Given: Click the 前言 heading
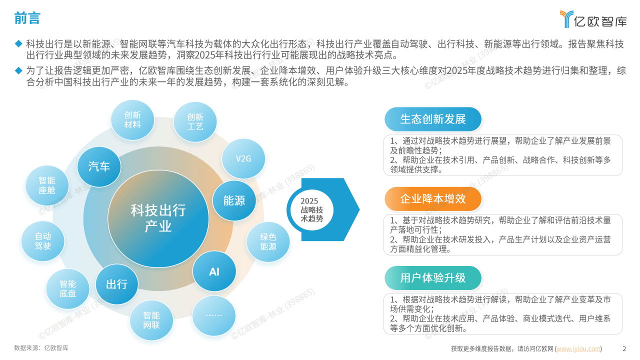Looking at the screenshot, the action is pos(27,18).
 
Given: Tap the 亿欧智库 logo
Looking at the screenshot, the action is pos(593,19).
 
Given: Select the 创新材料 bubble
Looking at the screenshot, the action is pos(132,120).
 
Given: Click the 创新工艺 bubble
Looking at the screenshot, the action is pos(195,122).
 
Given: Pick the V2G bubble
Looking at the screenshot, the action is pos(243,158).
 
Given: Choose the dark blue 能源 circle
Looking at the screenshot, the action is pos(234,200).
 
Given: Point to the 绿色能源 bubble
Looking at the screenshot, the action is pos(268,241).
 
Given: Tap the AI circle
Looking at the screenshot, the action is pos(214,271).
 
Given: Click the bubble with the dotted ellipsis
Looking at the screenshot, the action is pos(213,315).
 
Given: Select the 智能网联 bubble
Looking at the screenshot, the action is pos(151,320).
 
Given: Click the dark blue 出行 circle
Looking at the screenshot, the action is pos(116,284).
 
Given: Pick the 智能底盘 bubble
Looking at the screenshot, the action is pos(67,289).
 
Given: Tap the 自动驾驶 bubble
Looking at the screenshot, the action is pos(43,241).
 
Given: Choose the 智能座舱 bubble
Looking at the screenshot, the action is pos(47,185).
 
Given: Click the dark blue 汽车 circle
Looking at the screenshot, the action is pos(99,167).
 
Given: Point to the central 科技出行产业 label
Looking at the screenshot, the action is pos(158,218).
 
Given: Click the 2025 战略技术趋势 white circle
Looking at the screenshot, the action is pos(311,209).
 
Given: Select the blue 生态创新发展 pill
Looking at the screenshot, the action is pos(433,119).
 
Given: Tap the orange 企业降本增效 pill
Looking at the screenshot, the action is pos(433,199).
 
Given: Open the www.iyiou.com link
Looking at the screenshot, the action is pos(578,349).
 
